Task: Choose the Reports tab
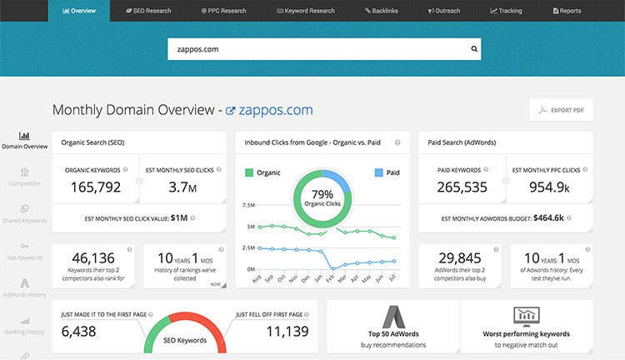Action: coord(567,11)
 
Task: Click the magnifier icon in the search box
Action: coord(475,49)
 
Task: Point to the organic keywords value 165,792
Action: coord(92,187)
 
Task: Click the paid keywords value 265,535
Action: coord(462,187)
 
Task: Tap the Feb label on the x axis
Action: coord(329,278)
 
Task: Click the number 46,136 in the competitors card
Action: coord(92,257)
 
